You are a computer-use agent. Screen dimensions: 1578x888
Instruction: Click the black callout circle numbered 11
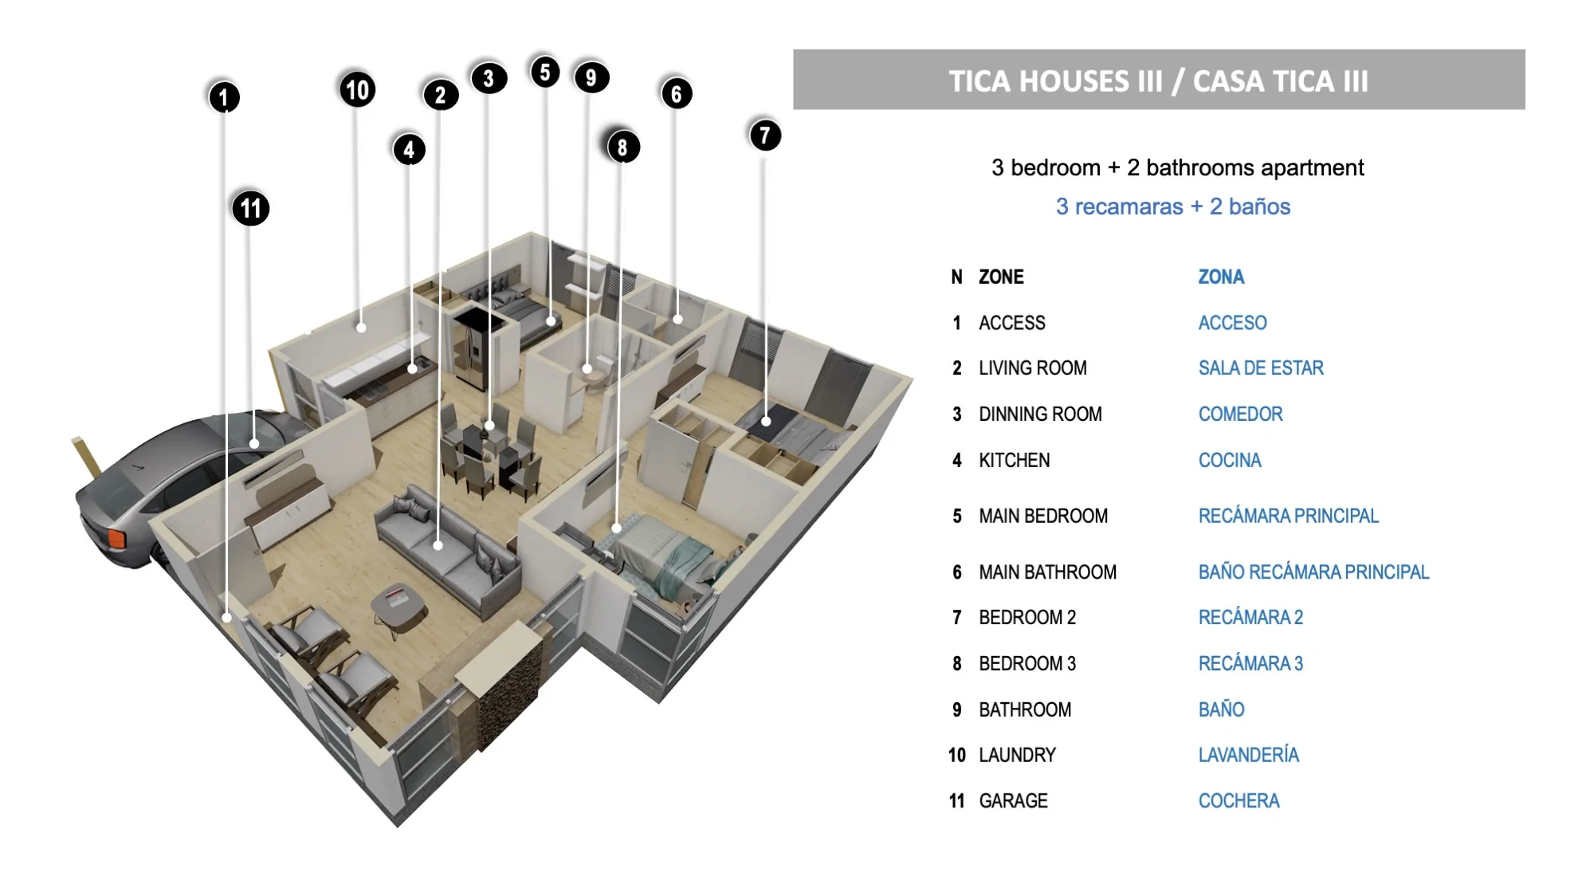click(x=251, y=208)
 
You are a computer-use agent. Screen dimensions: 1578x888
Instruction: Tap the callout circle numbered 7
click(x=765, y=135)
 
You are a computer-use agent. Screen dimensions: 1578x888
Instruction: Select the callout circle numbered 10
click(x=358, y=89)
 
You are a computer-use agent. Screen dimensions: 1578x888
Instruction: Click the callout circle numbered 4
click(x=409, y=149)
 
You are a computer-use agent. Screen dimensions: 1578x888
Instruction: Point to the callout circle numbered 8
click(x=622, y=147)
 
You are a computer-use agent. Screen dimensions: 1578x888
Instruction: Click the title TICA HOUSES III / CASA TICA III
click(x=1158, y=81)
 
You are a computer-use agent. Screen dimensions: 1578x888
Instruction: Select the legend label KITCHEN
click(x=1014, y=460)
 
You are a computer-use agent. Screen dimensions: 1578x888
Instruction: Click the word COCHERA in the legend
click(x=1238, y=800)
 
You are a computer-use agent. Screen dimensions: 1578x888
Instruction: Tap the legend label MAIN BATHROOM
click(x=1047, y=572)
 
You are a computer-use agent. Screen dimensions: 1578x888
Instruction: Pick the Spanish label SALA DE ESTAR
click(x=1261, y=367)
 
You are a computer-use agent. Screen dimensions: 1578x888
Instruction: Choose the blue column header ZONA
click(x=1221, y=277)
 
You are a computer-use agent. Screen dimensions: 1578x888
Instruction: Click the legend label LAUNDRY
click(x=1017, y=755)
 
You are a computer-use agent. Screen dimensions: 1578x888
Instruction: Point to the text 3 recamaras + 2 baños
click(x=1172, y=206)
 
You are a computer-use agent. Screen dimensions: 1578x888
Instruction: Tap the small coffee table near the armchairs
click(x=398, y=606)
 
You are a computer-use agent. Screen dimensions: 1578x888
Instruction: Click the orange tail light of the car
click(x=116, y=540)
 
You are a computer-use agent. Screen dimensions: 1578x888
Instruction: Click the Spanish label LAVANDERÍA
click(x=1248, y=754)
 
